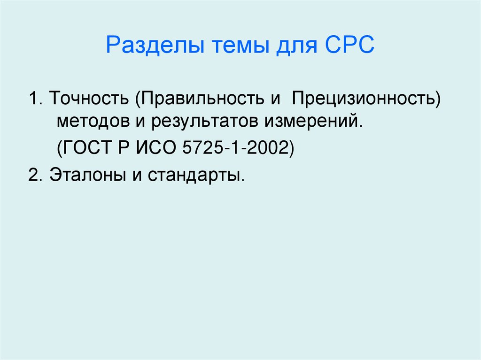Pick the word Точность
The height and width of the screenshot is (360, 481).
point(90,99)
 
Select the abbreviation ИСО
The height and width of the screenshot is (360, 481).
point(155,149)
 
